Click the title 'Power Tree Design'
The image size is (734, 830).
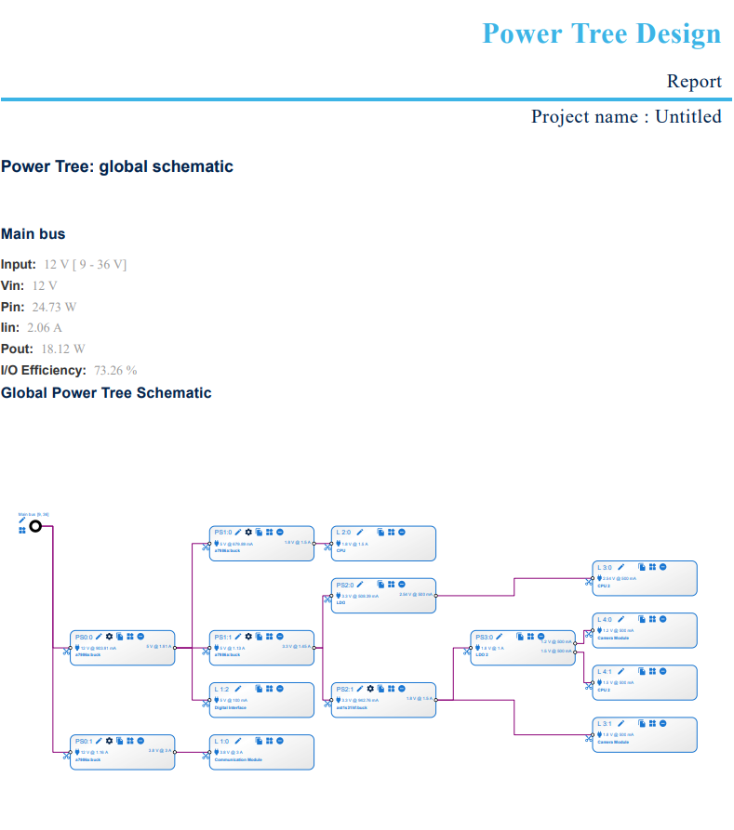coord(601,34)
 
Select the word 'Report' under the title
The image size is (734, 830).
coord(693,82)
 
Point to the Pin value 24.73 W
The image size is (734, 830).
coord(54,307)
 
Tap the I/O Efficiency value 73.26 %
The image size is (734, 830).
coord(114,370)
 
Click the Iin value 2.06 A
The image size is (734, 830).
coord(45,328)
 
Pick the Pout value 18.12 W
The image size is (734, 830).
coord(62,349)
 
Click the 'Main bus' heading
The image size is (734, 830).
coord(33,234)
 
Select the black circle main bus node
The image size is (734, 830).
coord(36,526)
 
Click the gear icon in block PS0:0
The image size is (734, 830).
coord(109,636)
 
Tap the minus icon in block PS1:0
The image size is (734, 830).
coord(279,532)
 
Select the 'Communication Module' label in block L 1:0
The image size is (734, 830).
coord(240,759)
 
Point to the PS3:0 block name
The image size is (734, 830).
coord(484,637)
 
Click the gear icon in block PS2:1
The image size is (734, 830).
coord(370,688)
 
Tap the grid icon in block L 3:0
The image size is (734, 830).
coord(653,567)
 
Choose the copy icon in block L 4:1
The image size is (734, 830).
coord(642,671)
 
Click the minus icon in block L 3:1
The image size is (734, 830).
coord(663,723)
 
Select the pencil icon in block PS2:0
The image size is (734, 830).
coord(359,584)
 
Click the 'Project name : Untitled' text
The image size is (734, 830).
coord(626,116)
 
